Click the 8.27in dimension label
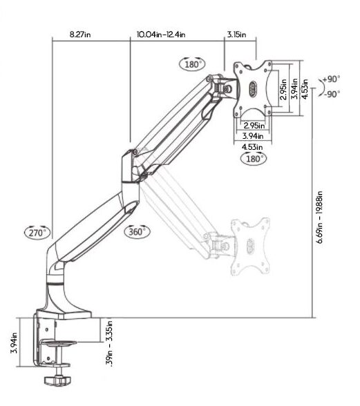pyautogui.click(x=80, y=35)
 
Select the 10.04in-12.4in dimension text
pyautogui.click(x=161, y=35)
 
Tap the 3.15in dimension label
pyautogui.click(x=236, y=35)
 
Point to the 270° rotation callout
pyautogui.click(x=37, y=233)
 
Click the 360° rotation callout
pyautogui.click(x=138, y=231)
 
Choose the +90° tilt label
pyautogui.click(x=332, y=79)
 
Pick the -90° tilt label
pyautogui.click(x=332, y=94)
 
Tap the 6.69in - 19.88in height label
pyautogui.click(x=320, y=217)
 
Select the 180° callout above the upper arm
pyautogui.click(x=192, y=64)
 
